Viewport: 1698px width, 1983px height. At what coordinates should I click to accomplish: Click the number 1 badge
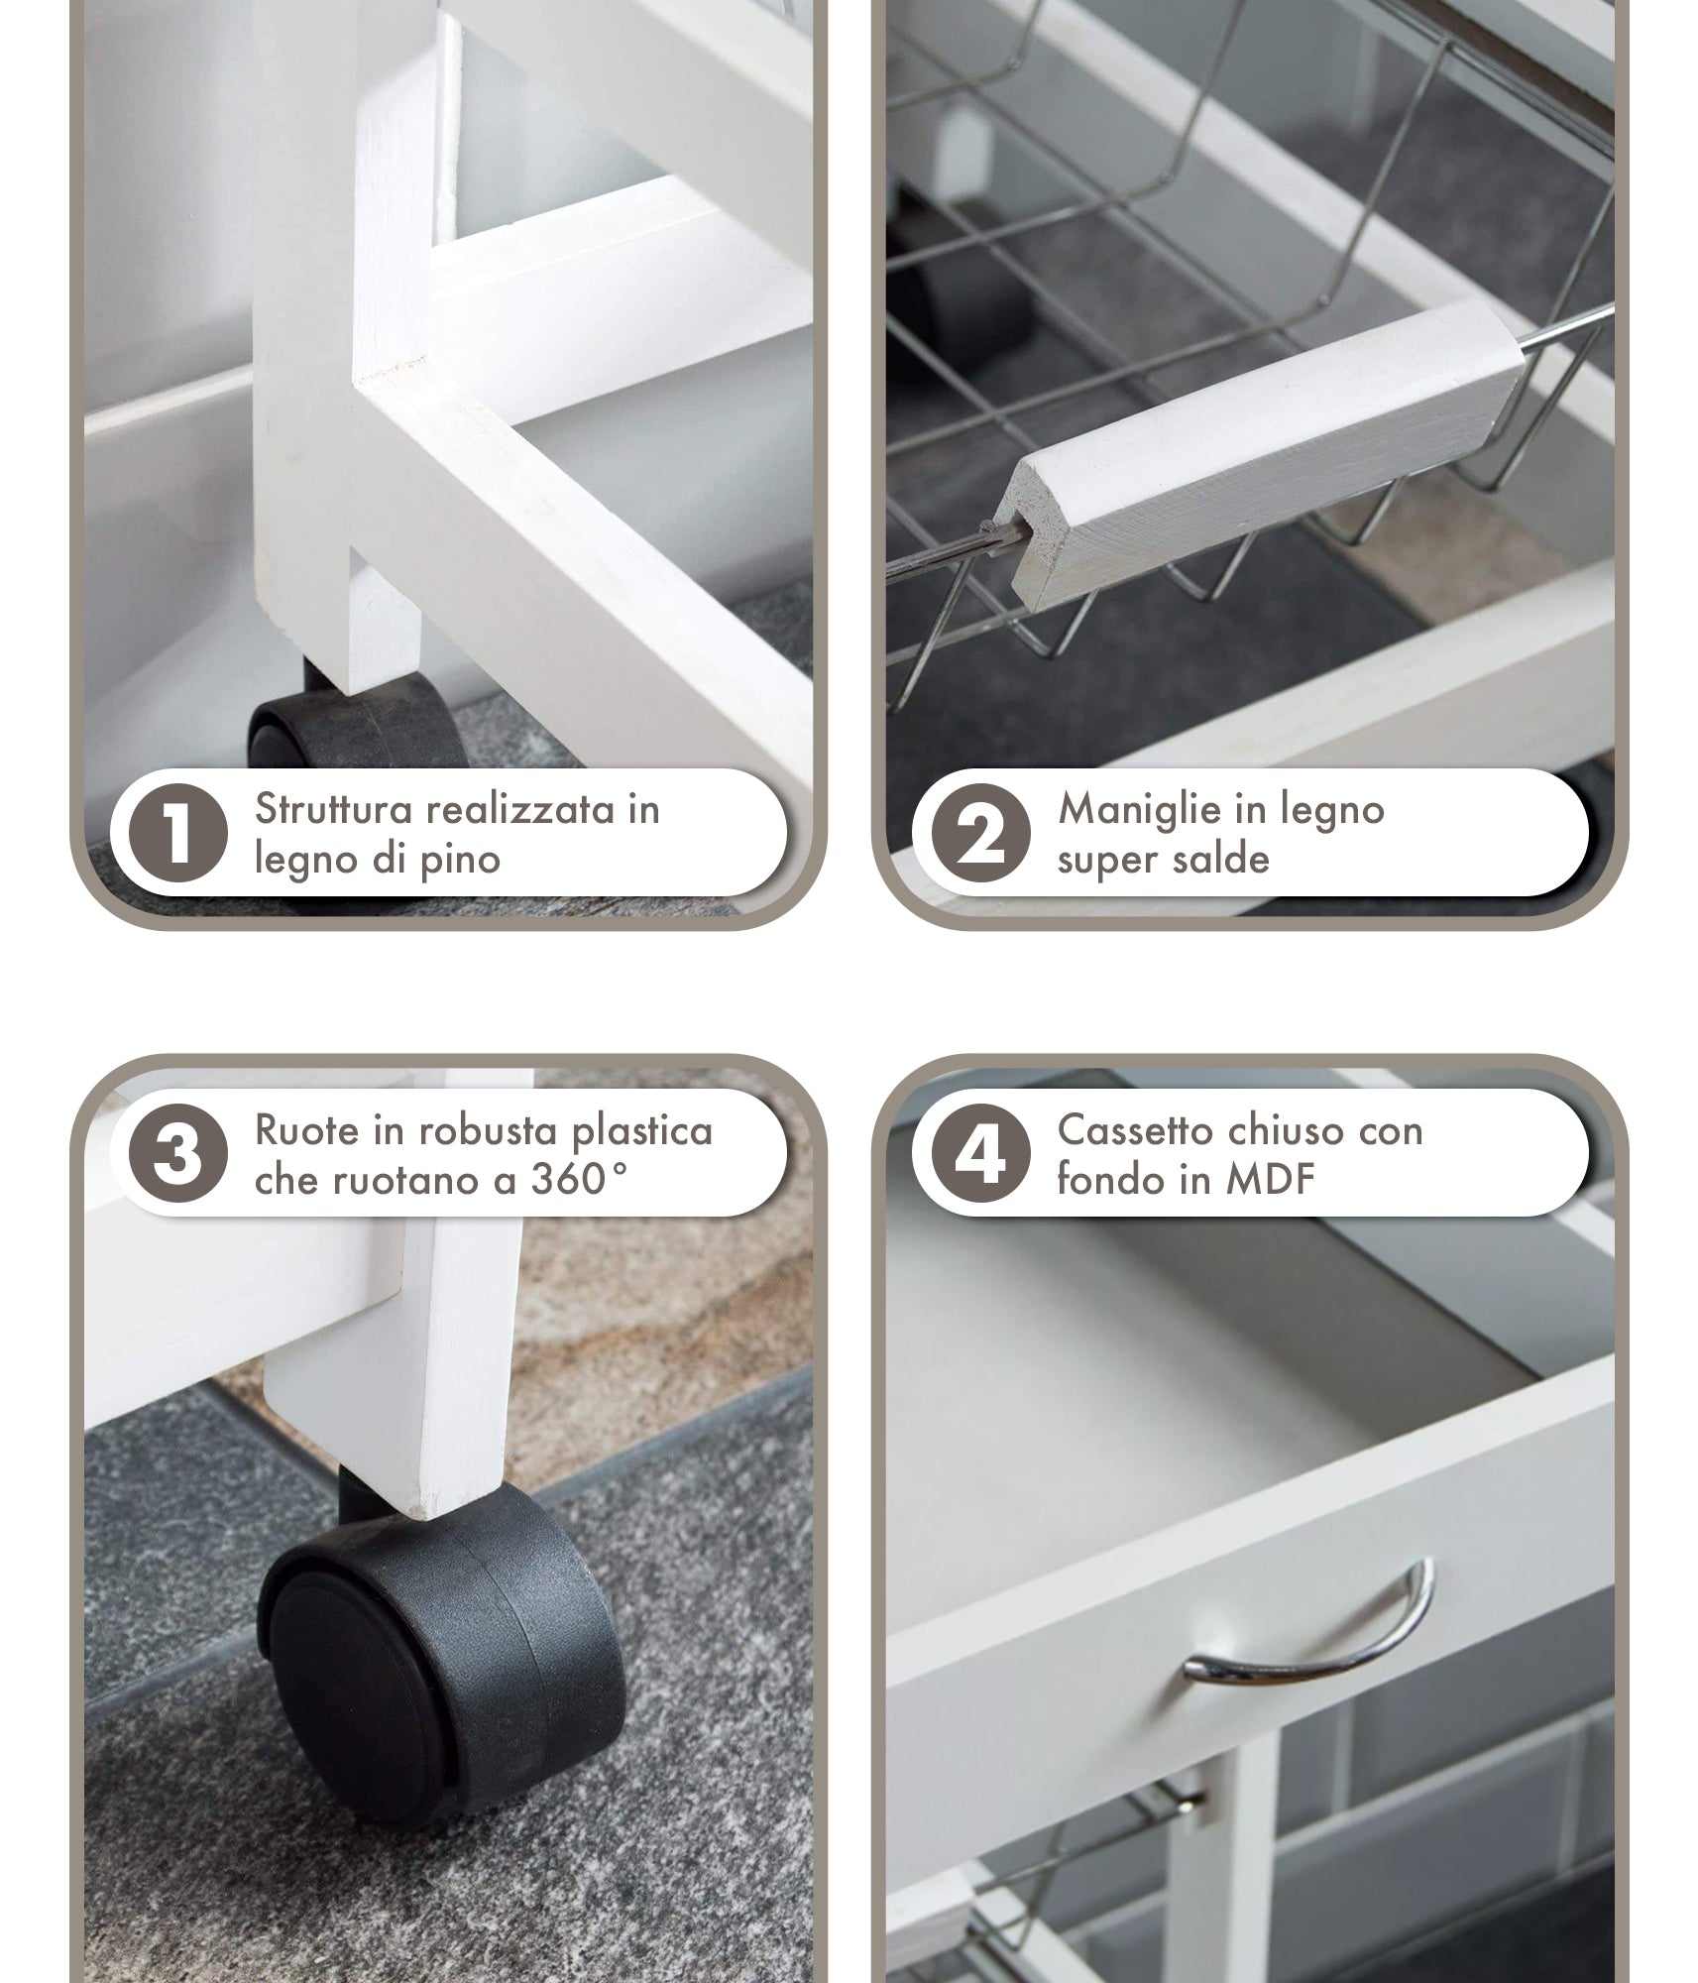tap(177, 834)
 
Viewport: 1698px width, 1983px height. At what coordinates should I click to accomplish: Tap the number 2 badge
tap(980, 834)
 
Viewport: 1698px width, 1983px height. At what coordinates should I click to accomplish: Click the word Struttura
tap(334, 809)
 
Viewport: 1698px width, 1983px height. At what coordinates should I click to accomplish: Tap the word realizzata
tap(520, 809)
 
